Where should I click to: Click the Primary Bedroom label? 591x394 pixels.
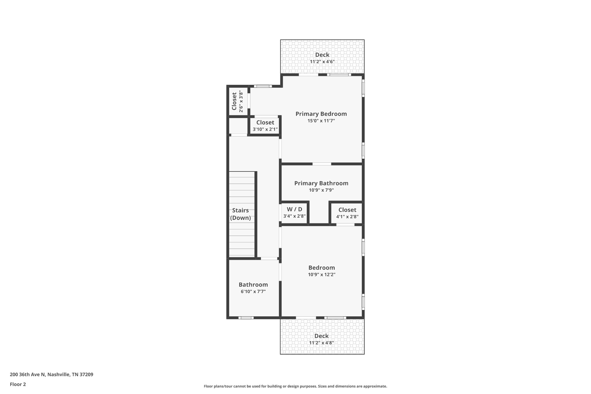tap(321, 114)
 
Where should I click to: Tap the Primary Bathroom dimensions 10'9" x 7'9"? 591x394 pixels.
tap(321, 190)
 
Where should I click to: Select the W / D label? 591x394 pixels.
tap(294, 209)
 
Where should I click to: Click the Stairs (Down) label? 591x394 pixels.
tap(240, 214)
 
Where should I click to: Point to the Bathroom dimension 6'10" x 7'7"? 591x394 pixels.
tap(253, 292)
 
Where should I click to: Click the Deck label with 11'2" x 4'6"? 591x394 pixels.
tap(322, 55)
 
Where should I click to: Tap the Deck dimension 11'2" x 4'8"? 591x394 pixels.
tap(321, 343)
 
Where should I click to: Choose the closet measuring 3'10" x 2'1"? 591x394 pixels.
tap(265, 126)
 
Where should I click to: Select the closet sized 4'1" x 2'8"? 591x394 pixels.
tap(347, 213)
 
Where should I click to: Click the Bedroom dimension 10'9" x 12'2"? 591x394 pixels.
tap(321, 275)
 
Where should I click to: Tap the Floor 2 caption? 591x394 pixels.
tap(18, 384)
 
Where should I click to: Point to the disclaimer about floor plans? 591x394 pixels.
tap(295, 386)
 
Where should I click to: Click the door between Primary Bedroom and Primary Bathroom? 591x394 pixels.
tap(322, 164)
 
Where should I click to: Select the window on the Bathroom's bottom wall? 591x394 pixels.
tap(246, 318)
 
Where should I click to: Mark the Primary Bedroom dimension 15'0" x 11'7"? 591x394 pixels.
tap(321, 121)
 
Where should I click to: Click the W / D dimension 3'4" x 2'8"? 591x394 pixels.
tap(294, 216)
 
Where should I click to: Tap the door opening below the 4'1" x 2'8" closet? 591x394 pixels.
tap(345, 225)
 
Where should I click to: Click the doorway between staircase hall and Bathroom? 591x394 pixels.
tap(269, 258)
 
